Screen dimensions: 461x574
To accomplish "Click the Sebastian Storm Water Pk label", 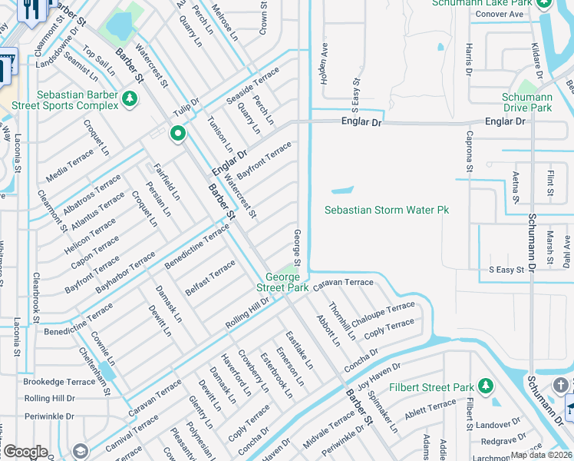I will pyautogui.click(x=386, y=210).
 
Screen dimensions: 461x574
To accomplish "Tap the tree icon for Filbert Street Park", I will pyautogui.click(x=484, y=384).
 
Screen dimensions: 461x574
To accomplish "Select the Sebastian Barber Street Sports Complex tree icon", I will pyautogui.click(x=130, y=98).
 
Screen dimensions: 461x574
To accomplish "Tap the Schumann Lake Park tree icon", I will pyautogui.click(x=543, y=3).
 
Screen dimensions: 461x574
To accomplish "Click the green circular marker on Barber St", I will pyautogui.click(x=178, y=134).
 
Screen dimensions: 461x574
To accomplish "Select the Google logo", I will pyautogui.click(x=25, y=452).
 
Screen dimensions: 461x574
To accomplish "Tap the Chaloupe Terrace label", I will pyautogui.click(x=383, y=312).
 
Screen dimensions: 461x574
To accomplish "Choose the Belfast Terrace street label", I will pyautogui.click(x=210, y=277).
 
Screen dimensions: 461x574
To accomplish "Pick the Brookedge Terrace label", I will pyautogui.click(x=59, y=381).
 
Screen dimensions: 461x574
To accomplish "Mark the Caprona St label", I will pyautogui.click(x=470, y=152).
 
